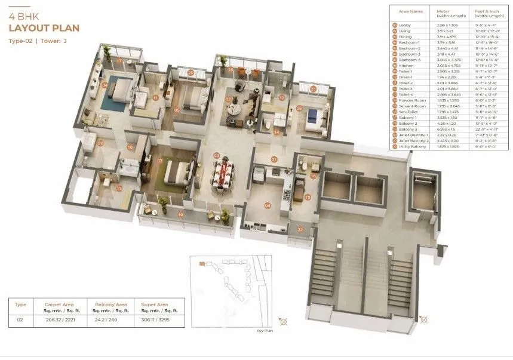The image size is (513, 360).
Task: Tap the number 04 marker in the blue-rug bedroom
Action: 105,85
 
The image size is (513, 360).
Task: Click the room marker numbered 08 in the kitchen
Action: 268,205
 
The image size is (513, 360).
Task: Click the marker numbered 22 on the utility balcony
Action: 300,229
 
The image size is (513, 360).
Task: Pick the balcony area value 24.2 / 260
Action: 106,321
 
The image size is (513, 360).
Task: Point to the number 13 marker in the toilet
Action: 119,189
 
